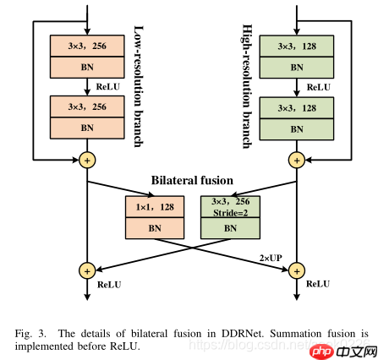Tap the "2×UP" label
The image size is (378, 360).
[x=271, y=256]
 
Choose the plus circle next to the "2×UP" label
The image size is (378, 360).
[x=297, y=270]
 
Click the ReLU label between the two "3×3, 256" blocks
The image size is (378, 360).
[x=107, y=85]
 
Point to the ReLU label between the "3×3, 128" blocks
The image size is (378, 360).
[x=318, y=86]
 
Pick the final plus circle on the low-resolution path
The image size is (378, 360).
[x=85, y=270]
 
